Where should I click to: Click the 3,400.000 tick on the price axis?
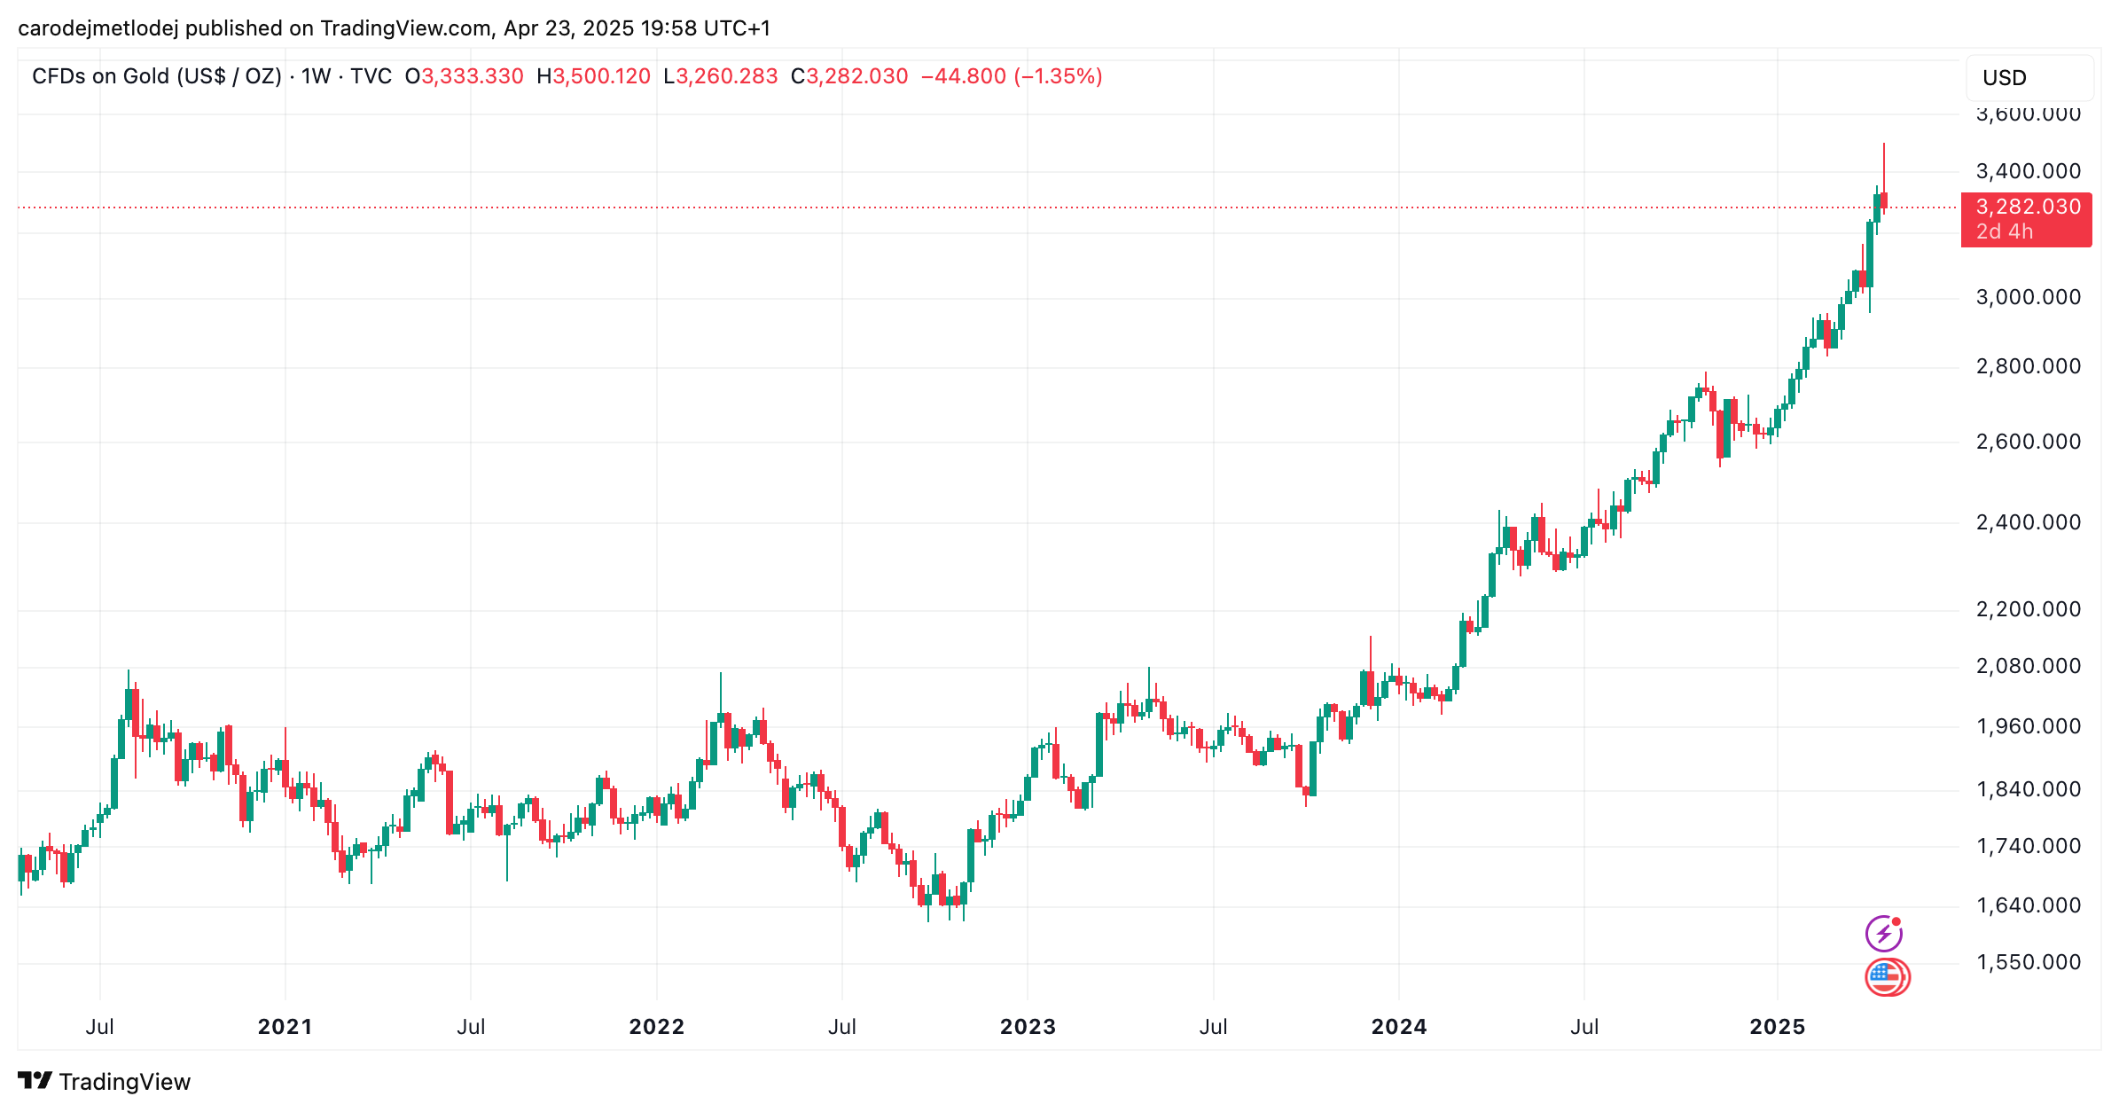coord(2028,171)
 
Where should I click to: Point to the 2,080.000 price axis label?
coord(2028,666)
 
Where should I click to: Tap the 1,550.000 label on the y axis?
coord(2028,962)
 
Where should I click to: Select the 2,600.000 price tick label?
coord(2028,442)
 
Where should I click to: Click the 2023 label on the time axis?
coord(1028,1027)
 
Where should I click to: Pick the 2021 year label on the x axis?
coord(285,1027)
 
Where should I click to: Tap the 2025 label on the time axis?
coord(1777,1027)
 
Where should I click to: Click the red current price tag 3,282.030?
coord(2027,208)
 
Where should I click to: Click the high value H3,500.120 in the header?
coord(593,76)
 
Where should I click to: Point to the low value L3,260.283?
coord(720,76)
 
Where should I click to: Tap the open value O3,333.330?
coord(464,76)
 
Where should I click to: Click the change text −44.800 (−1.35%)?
coord(1012,76)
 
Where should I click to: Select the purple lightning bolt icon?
coord(1883,934)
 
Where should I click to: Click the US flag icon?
coord(1887,978)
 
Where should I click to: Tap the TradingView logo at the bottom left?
coord(104,1082)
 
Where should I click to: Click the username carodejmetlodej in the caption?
coord(98,28)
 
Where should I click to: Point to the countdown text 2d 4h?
coord(2005,232)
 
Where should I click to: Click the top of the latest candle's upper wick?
coord(1884,144)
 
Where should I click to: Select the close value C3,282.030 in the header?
coord(849,76)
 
